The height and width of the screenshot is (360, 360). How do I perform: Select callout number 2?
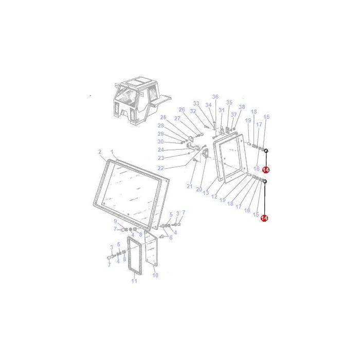pos(99,152)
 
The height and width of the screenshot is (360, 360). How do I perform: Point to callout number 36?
pos(215,97)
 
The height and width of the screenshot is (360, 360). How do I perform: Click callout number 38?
pos(242,107)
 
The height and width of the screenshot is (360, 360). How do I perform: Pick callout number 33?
pos(196,103)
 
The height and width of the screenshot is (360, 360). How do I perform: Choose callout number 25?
pos(163,118)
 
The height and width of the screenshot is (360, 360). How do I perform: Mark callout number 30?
pos(160,141)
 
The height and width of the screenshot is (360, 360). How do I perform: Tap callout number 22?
pos(160,168)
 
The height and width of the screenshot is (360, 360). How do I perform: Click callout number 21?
pos(189,186)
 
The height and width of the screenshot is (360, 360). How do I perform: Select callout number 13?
pos(206,193)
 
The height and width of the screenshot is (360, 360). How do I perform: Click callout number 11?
pos(134,281)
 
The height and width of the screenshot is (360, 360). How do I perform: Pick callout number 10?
pos(155,275)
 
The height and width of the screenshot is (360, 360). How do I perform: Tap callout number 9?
pos(116,222)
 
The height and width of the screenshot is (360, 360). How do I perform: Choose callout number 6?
pos(171,238)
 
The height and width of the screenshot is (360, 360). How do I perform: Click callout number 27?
pos(176,118)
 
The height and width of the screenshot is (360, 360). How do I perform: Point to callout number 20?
pos(199,189)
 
